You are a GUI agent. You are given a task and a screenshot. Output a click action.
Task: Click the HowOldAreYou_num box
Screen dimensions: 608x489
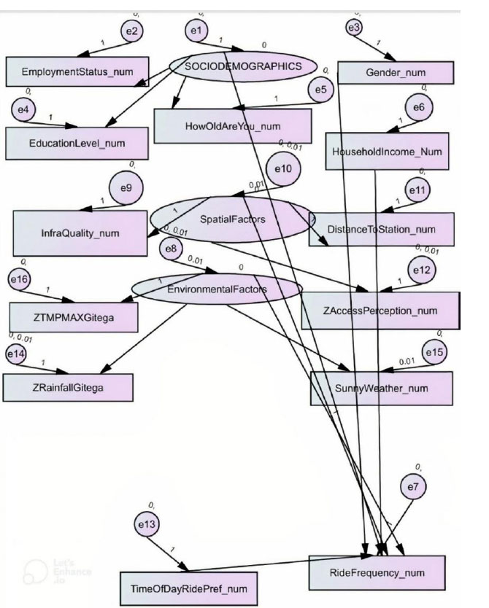pos(233,126)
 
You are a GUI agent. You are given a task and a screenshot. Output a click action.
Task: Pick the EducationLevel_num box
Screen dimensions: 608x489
pos(78,143)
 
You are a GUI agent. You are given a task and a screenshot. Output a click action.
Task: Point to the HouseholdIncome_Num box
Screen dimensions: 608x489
pos(387,152)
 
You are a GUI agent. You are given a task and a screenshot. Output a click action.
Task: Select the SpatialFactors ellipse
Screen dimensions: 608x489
pos(232,218)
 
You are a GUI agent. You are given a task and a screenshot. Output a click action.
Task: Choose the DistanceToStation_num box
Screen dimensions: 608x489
pos(393,230)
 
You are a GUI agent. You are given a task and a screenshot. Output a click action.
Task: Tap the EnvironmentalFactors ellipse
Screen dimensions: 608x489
pos(217,289)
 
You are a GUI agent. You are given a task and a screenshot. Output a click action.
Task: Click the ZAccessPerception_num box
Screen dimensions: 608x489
pos(380,311)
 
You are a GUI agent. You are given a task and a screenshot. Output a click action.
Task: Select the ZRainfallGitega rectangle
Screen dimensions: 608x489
pos(69,386)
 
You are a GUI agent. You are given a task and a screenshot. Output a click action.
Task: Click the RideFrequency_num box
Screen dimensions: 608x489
pos(377,572)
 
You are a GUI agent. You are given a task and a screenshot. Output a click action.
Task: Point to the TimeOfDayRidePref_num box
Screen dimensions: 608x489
pos(189,588)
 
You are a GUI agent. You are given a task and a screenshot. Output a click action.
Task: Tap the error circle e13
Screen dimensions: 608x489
pos(152,524)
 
